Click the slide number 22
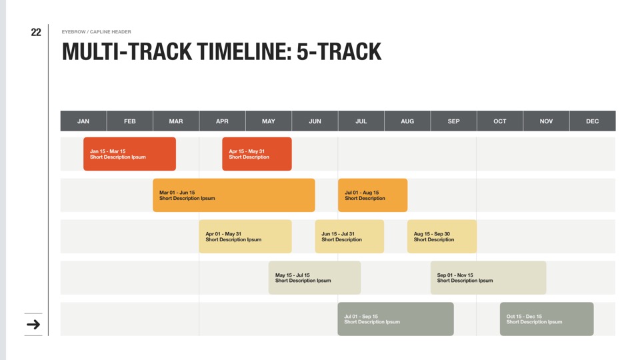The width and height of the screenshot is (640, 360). tap(36, 32)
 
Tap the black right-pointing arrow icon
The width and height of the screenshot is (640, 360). tap(33, 325)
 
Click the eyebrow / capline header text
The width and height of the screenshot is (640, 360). tap(96, 32)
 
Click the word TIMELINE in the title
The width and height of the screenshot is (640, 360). tap(244, 52)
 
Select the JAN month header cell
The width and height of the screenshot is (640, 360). tap(84, 121)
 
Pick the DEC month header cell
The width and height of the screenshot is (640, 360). tap(593, 121)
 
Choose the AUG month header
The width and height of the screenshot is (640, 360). tap(407, 121)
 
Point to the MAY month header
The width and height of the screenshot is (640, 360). tap(269, 121)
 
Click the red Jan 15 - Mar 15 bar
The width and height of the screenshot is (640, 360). tap(130, 154)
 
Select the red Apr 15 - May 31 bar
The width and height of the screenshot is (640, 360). tap(257, 154)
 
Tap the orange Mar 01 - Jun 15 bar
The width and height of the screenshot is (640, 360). tap(234, 195)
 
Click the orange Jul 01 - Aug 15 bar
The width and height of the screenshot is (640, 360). tap(373, 195)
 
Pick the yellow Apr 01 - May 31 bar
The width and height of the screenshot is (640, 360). tap(245, 236)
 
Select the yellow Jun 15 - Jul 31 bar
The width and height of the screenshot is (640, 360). tap(349, 236)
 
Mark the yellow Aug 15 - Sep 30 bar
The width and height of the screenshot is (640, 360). tap(442, 236)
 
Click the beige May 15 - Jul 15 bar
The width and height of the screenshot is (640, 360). tap(315, 277)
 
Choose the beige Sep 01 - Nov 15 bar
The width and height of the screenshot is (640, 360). tap(489, 277)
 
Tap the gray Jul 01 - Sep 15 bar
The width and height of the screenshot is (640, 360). tap(396, 319)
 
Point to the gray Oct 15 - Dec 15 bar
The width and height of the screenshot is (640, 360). tap(547, 319)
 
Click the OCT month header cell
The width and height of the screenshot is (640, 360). tap(500, 121)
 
